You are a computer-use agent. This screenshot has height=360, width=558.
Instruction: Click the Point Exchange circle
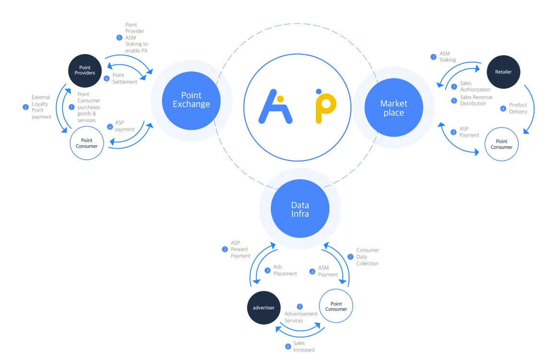(x=191, y=100)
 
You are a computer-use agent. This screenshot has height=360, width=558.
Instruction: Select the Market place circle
(x=394, y=108)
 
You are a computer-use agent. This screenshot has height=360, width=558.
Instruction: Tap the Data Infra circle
(x=300, y=209)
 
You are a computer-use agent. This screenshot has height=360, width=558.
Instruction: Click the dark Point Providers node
(x=85, y=70)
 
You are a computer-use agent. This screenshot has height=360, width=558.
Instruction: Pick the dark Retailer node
(x=503, y=72)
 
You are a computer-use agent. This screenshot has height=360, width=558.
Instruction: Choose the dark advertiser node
(x=264, y=307)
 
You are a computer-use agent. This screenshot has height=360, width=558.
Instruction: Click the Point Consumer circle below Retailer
(x=501, y=144)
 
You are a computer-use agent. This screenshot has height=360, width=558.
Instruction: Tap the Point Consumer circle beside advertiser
(x=336, y=306)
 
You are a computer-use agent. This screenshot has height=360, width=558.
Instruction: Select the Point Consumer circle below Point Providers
(x=87, y=143)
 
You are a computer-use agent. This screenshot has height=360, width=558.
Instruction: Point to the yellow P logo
(x=325, y=106)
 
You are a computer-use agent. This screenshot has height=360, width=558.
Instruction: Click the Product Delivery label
(x=518, y=108)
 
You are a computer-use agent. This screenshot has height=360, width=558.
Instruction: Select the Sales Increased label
(x=304, y=347)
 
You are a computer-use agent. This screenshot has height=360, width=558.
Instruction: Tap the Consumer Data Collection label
(x=367, y=257)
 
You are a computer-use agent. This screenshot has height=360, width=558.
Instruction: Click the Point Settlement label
(x=125, y=79)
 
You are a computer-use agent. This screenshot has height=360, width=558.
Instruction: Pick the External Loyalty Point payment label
(x=41, y=107)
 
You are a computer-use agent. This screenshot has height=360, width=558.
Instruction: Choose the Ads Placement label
(x=285, y=270)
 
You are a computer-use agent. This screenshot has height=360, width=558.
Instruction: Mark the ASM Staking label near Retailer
(x=447, y=57)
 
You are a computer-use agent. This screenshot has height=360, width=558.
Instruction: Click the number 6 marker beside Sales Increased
(x=288, y=347)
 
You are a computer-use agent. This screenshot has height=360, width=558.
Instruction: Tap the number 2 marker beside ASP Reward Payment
(x=225, y=249)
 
